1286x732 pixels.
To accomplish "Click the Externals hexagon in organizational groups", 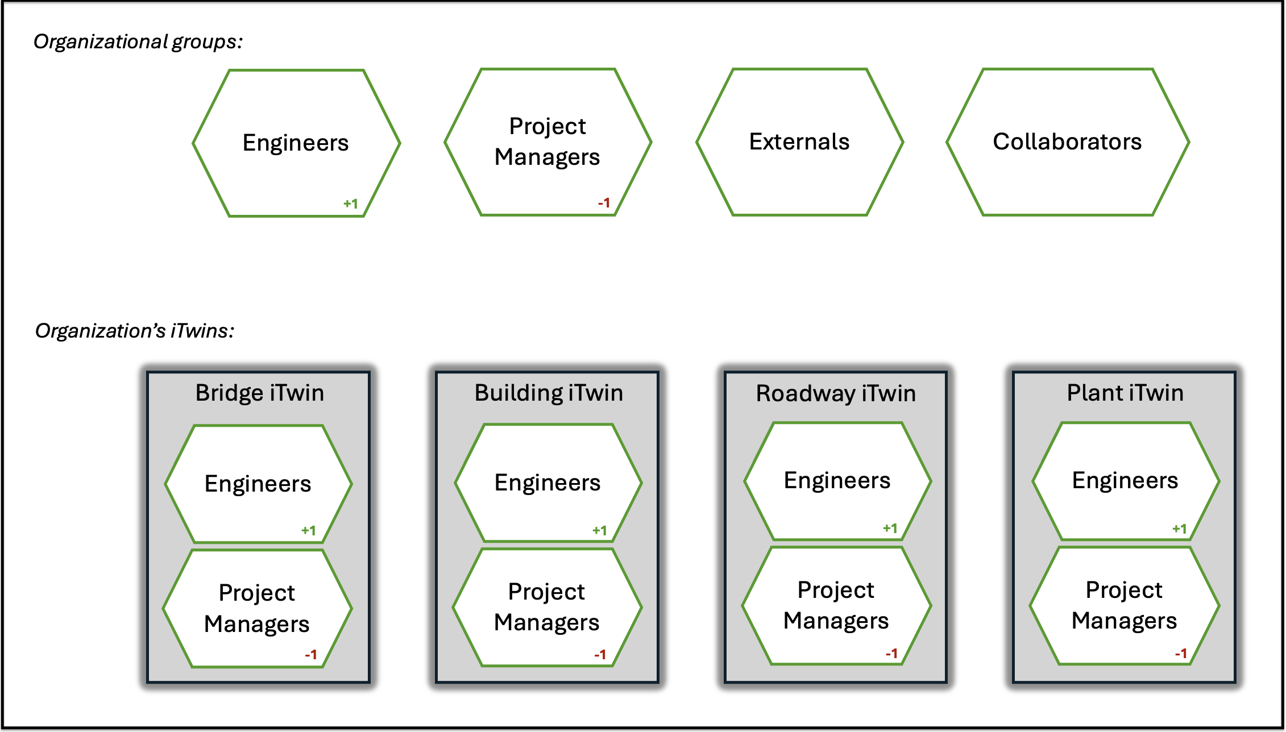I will pyautogui.click(x=799, y=142).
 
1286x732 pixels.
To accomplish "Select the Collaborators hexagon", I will pyautogui.click(x=1067, y=142).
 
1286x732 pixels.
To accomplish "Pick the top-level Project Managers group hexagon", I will pyautogui.click(x=547, y=142).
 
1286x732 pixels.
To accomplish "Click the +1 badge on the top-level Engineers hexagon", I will pyautogui.click(x=351, y=203).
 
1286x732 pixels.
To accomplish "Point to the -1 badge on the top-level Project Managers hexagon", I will pyautogui.click(x=604, y=203).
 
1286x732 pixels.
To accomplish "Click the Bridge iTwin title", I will pyautogui.click(x=260, y=393).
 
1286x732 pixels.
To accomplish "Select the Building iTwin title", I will pyautogui.click(x=549, y=393).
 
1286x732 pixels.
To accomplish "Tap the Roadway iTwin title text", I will pyautogui.click(x=836, y=393).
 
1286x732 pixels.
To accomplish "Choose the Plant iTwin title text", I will pyautogui.click(x=1125, y=393).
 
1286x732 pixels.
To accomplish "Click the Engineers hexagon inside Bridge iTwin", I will pyautogui.click(x=258, y=484).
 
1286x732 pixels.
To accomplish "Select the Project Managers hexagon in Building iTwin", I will pyautogui.click(x=547, y=607).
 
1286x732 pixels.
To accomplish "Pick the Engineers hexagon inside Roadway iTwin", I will pyautogui.click(x=837, y=481).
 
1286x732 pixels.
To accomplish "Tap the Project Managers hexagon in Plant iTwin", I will pyautogui.click(x=1125, y=606).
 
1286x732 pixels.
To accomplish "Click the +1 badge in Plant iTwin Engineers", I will pyautogui.click(x=1180, y=529).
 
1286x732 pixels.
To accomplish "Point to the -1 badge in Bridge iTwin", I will pyautogui.click(x=310, y=655).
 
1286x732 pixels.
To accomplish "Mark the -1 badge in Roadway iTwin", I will pyautogui.click(x=891, y=654).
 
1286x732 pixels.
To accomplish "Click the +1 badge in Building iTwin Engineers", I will pyautogui.click(x=600, y=530).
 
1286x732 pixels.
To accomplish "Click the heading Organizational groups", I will pyautogui.click(x=138, y=41).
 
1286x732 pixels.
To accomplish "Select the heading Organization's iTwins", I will pyautogui.click(x=135, y=331).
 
